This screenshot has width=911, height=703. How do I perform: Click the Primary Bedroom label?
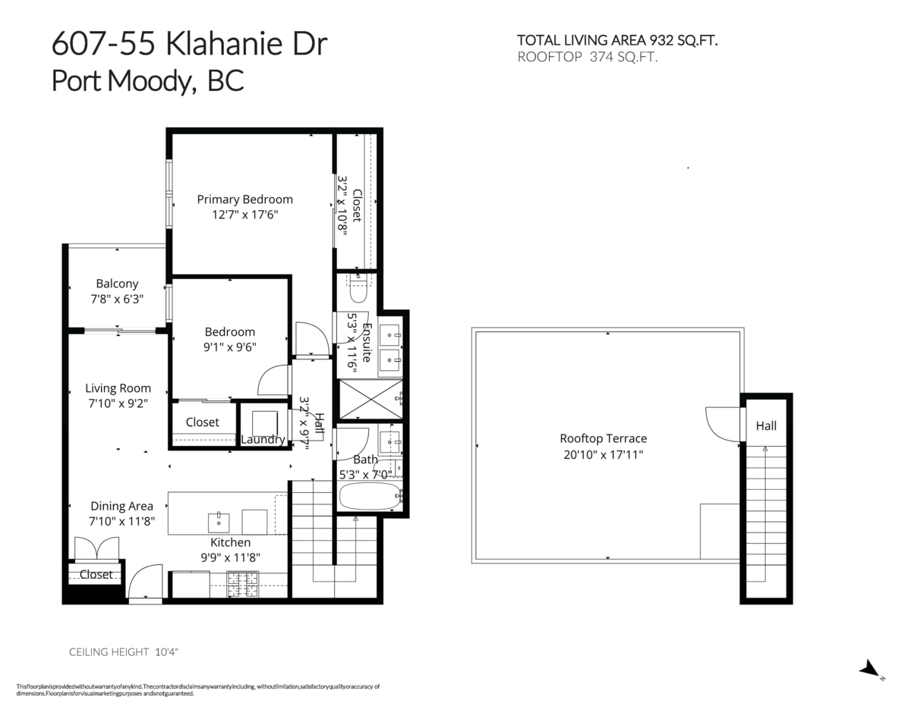coord(244,199)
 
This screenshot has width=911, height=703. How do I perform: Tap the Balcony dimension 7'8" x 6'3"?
coord(117,299)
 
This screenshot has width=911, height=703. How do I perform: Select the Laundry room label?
coord(263,440)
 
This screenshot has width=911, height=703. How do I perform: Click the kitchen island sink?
coord(219,522)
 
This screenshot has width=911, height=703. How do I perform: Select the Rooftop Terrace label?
coord(603,438)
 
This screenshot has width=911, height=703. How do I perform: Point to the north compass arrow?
coord(869,668)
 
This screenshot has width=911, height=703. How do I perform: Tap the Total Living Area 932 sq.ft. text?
coord(617,40)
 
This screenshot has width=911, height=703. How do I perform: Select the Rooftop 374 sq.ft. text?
coord(587,56)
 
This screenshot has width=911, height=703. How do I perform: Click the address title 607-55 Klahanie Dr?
coord(189,45)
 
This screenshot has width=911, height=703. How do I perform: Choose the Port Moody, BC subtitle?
coord(147,81)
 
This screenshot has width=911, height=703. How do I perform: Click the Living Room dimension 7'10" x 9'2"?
coord(117,403)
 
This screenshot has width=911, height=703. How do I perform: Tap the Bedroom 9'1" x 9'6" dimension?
coord(230,347)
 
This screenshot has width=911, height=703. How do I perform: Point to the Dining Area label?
coord(121,506)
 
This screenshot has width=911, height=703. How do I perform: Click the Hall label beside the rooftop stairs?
coord(765,426)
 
